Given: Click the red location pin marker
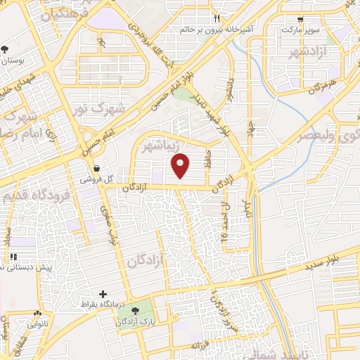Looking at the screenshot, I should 181,166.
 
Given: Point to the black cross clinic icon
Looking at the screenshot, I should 103,294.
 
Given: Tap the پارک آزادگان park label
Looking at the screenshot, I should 141,320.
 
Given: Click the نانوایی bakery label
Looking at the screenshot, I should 37,325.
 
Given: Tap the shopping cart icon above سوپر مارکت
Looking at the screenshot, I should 301,20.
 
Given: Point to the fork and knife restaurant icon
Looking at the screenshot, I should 217,20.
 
